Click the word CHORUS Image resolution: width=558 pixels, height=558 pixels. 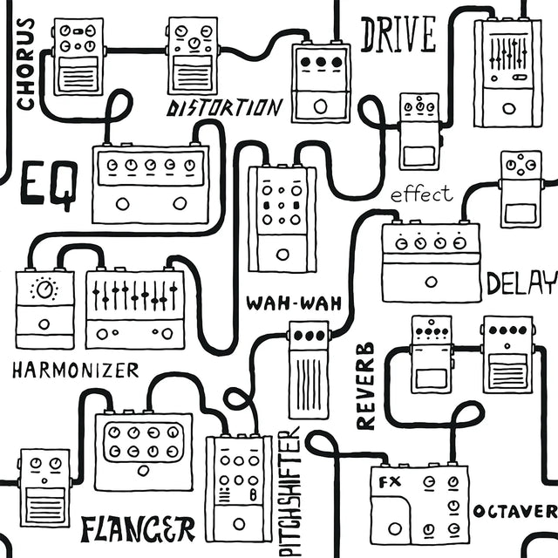25,65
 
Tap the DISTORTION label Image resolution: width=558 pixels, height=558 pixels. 225,108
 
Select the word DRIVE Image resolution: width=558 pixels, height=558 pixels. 398,35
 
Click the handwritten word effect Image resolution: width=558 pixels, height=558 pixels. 422,194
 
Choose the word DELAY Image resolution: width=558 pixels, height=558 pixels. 521,283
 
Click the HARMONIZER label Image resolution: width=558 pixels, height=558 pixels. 75,370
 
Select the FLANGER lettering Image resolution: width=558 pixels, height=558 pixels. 137,527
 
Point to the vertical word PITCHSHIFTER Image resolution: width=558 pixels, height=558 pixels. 290,492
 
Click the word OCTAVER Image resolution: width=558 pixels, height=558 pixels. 514,510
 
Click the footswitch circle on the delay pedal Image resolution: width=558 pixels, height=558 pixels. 431,282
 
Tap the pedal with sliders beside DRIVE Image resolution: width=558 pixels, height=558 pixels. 507,71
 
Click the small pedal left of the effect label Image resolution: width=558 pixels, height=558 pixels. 418,131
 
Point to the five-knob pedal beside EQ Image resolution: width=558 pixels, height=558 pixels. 151,183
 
